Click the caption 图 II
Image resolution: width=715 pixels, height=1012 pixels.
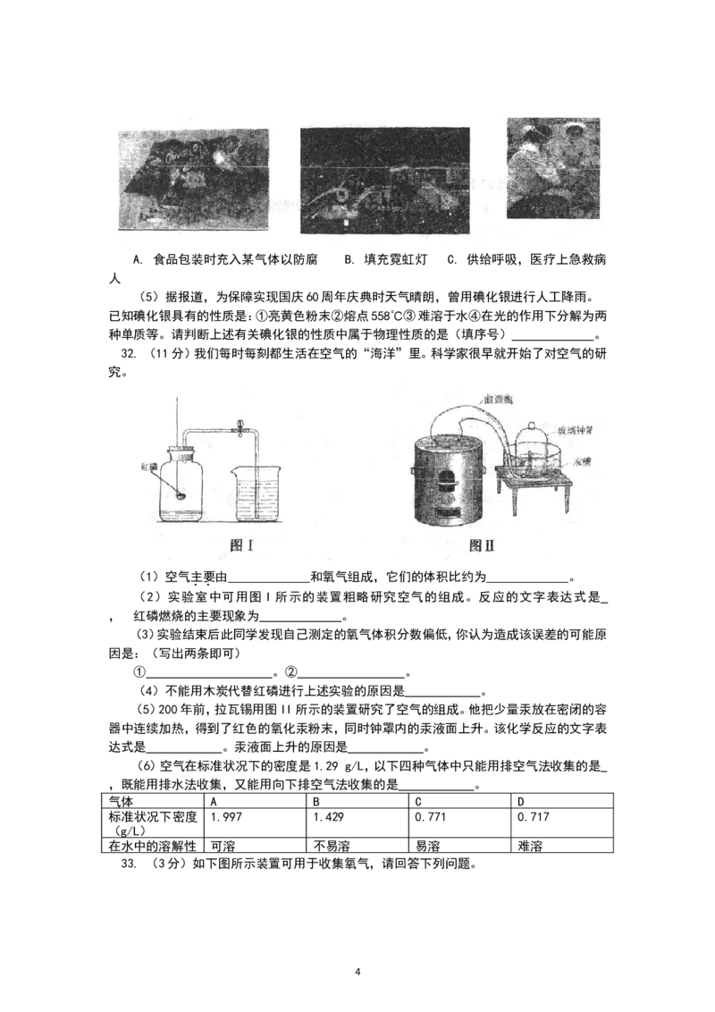click(482, 545)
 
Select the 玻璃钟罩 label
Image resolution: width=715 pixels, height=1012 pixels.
click(576, 431)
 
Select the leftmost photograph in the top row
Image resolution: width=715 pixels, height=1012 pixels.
click(193, 180)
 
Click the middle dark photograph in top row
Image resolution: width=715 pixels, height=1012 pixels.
click(384, 181)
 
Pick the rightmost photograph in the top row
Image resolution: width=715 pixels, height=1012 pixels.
click(553, 167)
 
